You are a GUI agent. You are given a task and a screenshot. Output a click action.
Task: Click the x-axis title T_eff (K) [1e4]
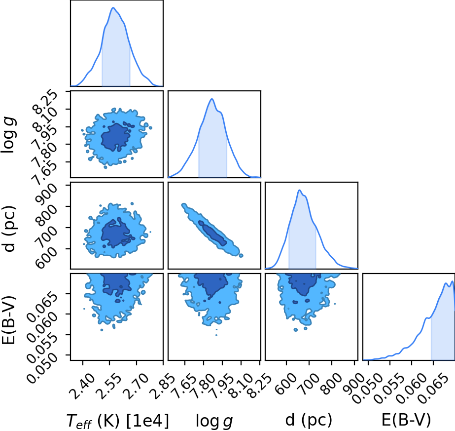[x=117, y=421]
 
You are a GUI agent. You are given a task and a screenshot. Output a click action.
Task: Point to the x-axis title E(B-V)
[x=406, y=420]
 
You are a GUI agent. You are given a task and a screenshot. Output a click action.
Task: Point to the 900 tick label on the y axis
[x=46, y=193]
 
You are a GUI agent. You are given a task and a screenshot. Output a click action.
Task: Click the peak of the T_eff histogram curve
[x=113, y=7]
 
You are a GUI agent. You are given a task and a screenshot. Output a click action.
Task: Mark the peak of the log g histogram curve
[x=212, y=99]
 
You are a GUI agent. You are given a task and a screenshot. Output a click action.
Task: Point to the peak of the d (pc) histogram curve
[x=299, y=190]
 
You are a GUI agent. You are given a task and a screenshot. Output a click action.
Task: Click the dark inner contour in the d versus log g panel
[x=212, y=233]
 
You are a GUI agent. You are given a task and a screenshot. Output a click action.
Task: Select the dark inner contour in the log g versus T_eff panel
[x=116, y=137]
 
